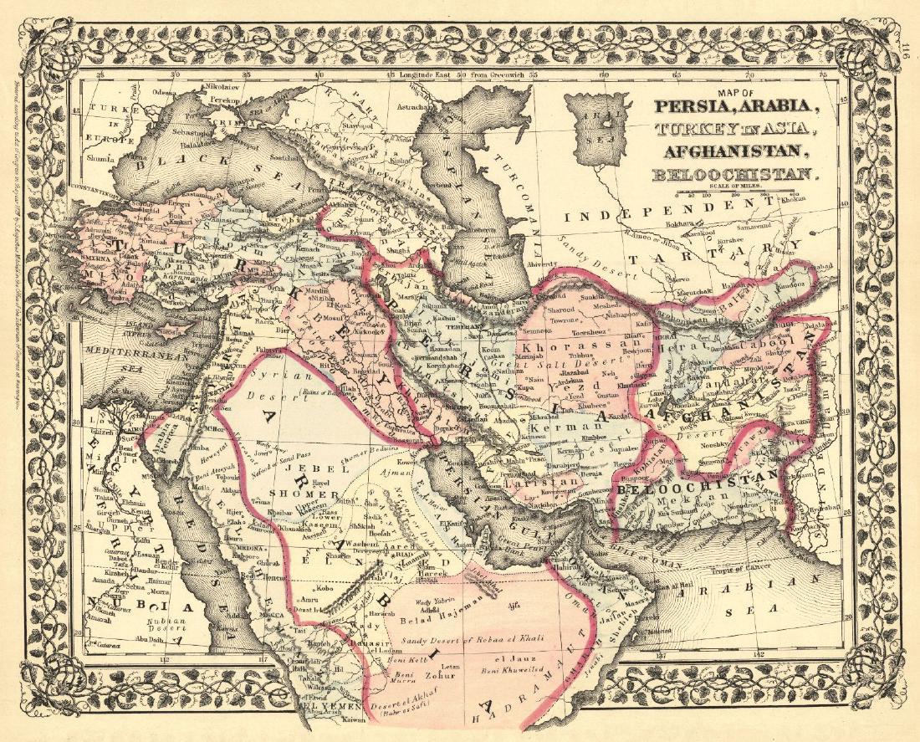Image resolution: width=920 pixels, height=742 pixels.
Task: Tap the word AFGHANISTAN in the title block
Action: click(x=733, y=152)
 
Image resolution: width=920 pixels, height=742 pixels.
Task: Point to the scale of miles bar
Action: click(x=757, y=192)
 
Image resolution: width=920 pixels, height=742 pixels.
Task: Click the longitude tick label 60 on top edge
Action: click(x=605, y=74)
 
